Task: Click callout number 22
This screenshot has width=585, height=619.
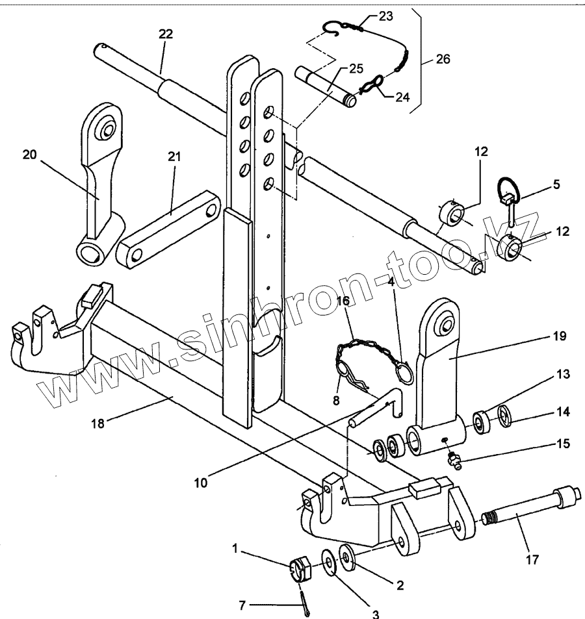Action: [166, 34]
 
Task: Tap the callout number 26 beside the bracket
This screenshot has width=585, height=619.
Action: [443, 59]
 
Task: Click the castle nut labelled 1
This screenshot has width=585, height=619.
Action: [300, 570]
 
